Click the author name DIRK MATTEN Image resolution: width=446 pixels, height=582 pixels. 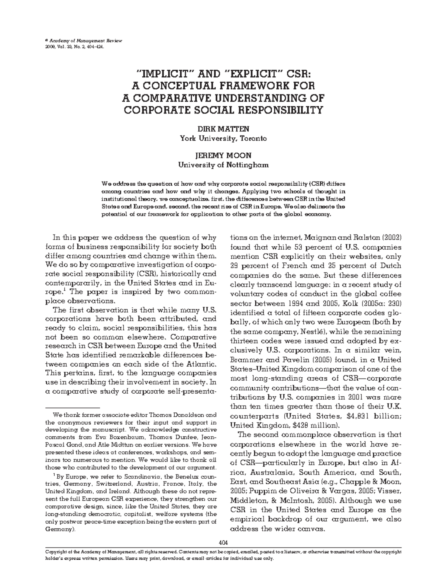pyautogui.click(x=223, y=129)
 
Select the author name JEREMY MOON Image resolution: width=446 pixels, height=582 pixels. pyautogui.click(x=223, y=155)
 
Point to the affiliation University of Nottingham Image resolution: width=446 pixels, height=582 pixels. pyautogui.click(x=223, y=164)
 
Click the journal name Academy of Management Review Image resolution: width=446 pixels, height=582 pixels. pyautogui.click(x=85, y=40)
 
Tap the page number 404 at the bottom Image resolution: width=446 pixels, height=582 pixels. pyautogui.click(x=223, y=542)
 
